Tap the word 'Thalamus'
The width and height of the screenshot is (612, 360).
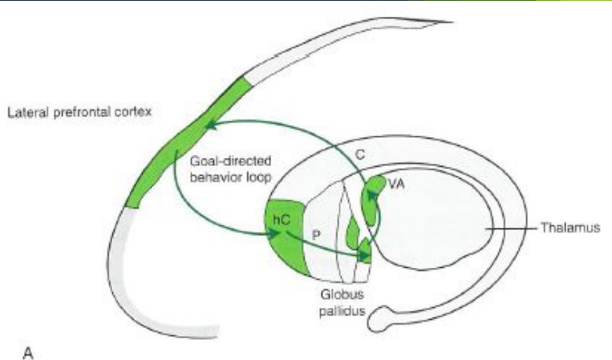(x=569, y=228)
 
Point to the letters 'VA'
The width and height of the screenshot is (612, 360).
(x=395, y=184)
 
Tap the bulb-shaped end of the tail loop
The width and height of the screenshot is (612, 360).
(x=378, y=322)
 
